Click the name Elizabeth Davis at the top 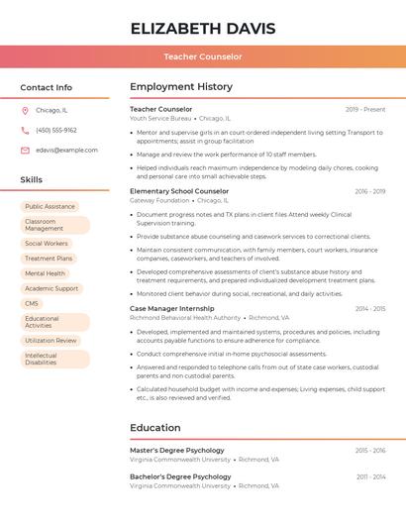pos(203,28)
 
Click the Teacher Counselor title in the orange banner pos(203,56)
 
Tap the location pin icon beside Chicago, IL pos(25,111)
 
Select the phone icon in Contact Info pos(25,130)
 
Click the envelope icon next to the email pos(25,150)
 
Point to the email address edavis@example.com pos(66,150)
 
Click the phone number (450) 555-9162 pos(56,130)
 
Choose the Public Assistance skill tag pos(50,207)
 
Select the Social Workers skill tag pos(47,243)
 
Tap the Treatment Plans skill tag pos(49,259)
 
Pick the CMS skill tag pos(32,303)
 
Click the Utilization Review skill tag pos(51,340)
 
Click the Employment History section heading pos(180,87)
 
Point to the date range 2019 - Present pos(365,109)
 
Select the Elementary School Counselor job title pos(179,191)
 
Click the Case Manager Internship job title pos(171,308)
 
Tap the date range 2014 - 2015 pos(370,308)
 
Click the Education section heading pos(154,428)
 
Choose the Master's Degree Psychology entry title pos(177,450)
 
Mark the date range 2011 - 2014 pos(370,476)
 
